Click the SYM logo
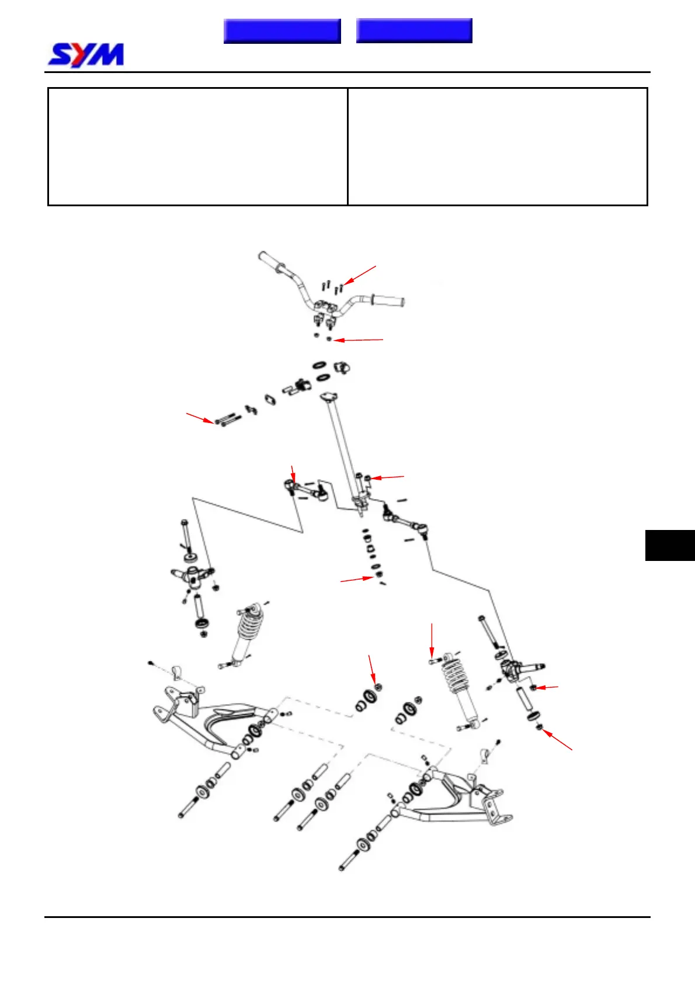tap(86, 55)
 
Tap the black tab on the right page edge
tap(670, 545)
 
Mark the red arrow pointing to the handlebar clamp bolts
tap(361, 275)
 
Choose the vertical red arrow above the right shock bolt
tap(432, 640)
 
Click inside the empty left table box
tap(197, 147)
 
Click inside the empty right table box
tap(498, 147)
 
